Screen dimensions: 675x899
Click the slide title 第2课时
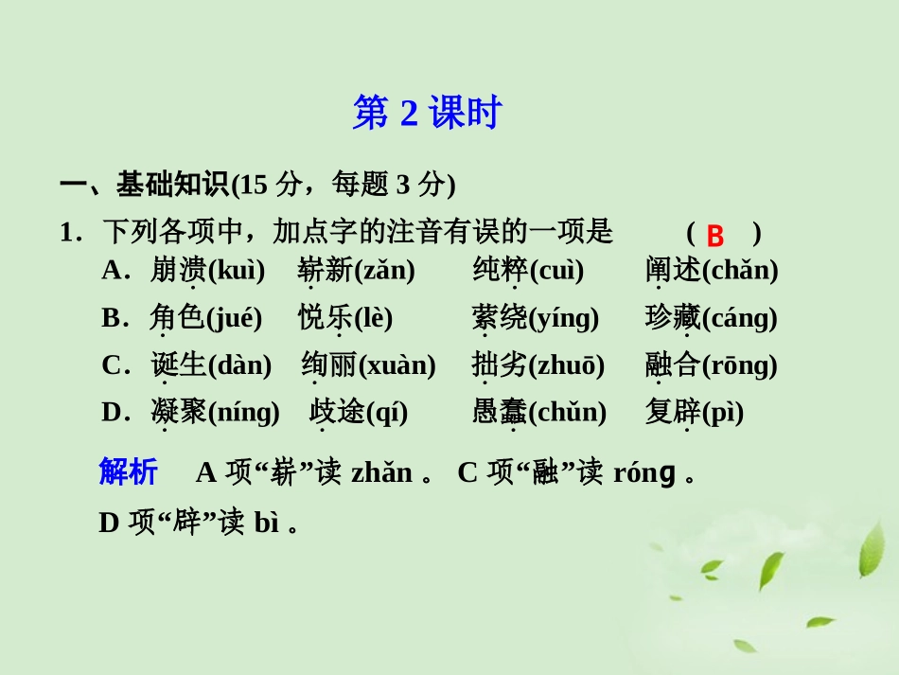click(426, 114)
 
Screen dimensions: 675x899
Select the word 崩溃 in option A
click(177, 271)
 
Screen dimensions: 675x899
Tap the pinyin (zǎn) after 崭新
click(384, 271)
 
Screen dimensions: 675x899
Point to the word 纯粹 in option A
click(499, 271)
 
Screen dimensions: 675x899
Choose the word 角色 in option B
click(177, 318)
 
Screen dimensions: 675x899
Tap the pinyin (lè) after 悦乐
click(373, 318)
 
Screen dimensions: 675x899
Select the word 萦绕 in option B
click(499, 318)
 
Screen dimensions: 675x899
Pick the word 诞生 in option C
click(177, 365)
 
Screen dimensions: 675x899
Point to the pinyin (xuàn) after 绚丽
click(397, 365)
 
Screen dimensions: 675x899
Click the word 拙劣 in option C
click(499, 365)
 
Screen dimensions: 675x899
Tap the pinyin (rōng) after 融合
click(739, 365)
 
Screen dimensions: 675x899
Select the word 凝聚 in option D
click(177, 412)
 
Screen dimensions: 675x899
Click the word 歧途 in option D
click(336, 412)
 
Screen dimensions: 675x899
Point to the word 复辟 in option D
click(672, 412)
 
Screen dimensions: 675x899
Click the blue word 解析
click(128, 471)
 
